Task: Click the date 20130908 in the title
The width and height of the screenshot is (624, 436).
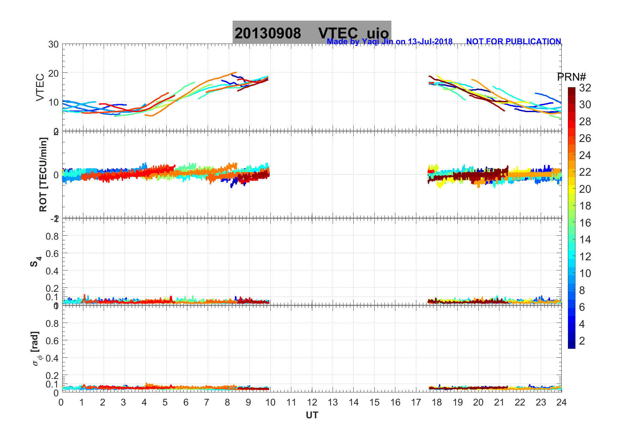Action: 267,33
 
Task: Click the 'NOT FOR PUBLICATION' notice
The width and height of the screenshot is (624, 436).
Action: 513,42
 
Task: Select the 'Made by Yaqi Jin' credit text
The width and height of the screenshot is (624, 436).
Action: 389,42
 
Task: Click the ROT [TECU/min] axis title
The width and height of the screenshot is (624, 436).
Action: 43,174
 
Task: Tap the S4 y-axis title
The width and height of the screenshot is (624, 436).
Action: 35,262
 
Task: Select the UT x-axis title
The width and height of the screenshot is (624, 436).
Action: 312,415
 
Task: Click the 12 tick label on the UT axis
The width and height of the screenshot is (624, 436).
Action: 312,402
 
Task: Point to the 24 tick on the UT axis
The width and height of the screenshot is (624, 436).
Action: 561,402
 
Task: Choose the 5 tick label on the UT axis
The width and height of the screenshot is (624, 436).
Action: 165,402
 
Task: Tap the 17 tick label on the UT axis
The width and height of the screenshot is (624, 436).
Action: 416,402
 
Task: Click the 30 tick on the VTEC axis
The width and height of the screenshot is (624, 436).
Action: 53,45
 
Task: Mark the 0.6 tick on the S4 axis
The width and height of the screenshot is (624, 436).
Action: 52,253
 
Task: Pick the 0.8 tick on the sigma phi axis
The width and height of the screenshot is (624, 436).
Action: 52,323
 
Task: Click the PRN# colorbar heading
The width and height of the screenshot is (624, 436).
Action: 572,77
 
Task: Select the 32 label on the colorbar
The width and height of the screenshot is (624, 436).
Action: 585,88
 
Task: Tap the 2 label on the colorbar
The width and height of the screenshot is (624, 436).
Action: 582,341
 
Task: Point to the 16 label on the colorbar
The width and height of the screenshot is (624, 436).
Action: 585,223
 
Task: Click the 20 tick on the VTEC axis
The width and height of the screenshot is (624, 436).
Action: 53,73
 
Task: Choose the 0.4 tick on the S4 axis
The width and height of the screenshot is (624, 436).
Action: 52,271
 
